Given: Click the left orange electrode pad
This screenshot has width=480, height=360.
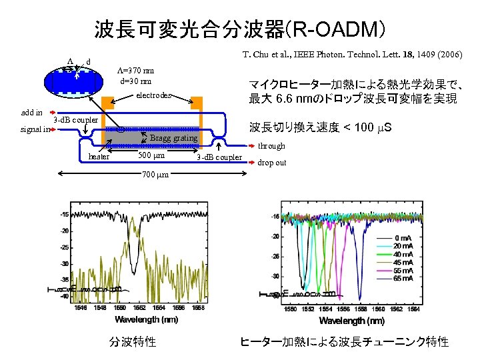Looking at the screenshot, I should (x=108, y=103).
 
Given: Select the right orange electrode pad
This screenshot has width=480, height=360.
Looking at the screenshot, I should (x=196, y=103).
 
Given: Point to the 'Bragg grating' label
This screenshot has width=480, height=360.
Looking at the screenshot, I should (x=173, y=139).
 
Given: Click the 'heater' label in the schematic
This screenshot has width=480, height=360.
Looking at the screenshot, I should (x=99, y=157).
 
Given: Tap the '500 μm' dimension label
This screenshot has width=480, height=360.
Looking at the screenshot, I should (x=151, y=156).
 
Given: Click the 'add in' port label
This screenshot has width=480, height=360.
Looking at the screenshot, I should (x=32, y=113).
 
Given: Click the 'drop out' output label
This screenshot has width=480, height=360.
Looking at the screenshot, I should (x=272, y=162).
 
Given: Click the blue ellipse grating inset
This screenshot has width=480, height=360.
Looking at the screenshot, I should (x=73, y=82).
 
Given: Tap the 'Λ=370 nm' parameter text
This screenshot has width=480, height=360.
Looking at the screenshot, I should (x=135, y=71).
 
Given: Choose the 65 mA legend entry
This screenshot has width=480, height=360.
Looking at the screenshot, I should (x=403, y=279).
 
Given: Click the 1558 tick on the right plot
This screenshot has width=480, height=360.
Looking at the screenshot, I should (x=359, y=309).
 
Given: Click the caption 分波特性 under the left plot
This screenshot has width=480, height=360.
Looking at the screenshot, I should (x=133, y=342).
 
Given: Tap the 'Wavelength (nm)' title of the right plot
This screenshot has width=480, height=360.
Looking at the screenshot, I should (x=354, y=321).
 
